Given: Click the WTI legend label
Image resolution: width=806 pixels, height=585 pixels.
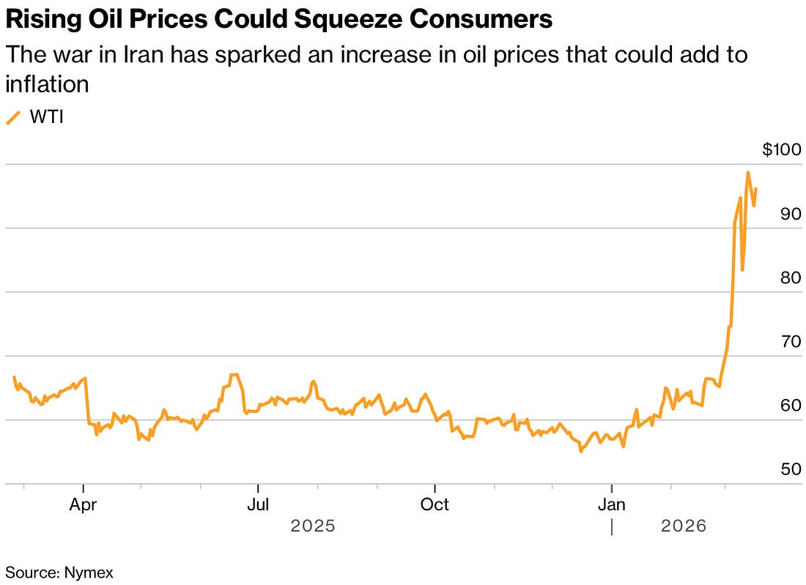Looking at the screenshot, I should click(x=46, y=117).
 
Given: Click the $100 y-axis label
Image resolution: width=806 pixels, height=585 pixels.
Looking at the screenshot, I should click(x=781, y=150).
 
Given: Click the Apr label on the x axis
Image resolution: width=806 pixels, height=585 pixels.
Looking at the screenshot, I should click(x=85, y=504).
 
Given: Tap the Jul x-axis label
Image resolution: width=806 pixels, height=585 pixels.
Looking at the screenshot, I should click(x=258, y=504).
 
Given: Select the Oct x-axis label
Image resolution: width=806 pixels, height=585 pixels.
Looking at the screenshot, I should click(x=435, y=504).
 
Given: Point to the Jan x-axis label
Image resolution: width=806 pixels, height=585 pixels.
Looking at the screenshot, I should click(x=612, y=504).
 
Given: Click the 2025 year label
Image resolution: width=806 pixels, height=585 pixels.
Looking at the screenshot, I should click(x=313, y=526).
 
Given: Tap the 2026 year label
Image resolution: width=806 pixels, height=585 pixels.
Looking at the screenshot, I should click(x=683, y=526).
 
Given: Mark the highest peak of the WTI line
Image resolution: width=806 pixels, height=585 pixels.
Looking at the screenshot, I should click(x=748, y=173).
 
